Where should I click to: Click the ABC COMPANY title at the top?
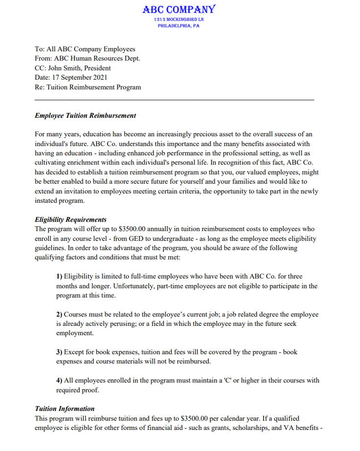point(179,9)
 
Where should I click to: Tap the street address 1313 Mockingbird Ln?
point(179,20)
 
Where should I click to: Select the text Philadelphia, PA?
point(179,26)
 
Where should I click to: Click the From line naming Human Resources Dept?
point(88,59)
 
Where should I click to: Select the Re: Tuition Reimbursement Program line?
point(88,87)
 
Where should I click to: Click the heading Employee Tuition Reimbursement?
point(86,116)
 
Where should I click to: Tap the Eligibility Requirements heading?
point(71,219)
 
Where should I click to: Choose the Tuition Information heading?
point(65,408)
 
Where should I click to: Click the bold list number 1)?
point(60,277)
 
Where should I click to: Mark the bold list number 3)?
point(60,352)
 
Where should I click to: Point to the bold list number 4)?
point(60,380)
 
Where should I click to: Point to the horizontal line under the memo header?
point(175,100)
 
